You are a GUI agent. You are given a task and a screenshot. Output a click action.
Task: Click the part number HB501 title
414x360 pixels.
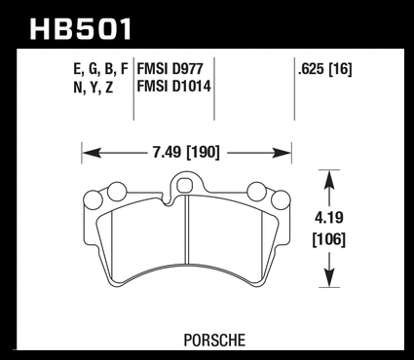tap(81, 29)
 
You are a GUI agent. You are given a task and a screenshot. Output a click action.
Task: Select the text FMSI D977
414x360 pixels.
tap(169, 69)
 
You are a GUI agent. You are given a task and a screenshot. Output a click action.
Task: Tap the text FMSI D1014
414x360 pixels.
tap(174, 87)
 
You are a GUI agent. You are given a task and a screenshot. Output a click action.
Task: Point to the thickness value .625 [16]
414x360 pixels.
tap(325, 69)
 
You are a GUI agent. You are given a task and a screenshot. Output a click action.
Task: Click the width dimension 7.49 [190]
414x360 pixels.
tap(186, 153)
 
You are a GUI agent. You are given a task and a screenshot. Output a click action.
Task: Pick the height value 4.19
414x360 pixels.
tap(329, 218)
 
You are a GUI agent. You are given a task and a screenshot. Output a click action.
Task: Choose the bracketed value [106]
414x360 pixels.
tap(329, 240)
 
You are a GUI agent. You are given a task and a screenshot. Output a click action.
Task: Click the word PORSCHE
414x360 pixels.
tap(214, 341)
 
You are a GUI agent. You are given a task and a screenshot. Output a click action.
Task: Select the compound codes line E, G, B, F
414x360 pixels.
tap(101, 69)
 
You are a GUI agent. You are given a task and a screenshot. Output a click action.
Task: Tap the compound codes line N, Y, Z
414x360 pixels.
tap(94, 87)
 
